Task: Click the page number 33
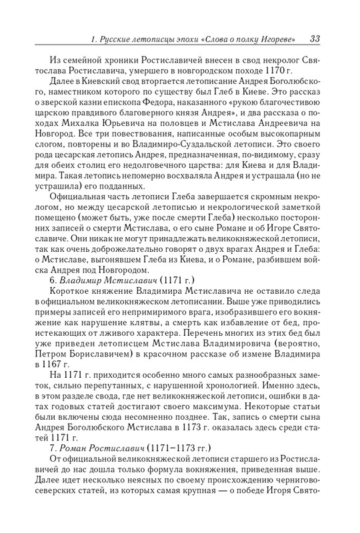pos(315,37)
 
